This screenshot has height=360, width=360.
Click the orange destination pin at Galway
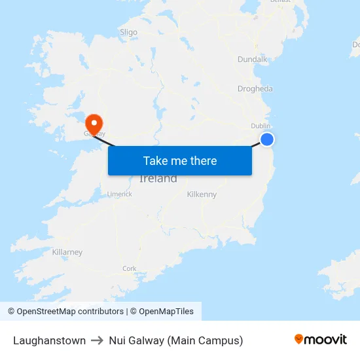(94, 122)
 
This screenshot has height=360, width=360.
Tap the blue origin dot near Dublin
(267, 139)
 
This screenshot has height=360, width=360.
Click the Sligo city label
(129, 31)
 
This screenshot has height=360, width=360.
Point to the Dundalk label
(252, 60)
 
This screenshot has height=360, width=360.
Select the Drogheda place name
(255, 89)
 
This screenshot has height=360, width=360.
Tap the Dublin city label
(261, 126)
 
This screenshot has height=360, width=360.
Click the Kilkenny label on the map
(202, 194)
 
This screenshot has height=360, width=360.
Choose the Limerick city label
(120, 194)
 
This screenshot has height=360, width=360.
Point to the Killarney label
(67, 252)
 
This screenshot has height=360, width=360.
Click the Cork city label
(130, 268)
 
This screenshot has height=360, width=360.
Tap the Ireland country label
(158, 179)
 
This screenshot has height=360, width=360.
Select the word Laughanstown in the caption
(49, 340)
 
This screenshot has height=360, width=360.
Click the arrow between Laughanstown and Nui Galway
(98, 340)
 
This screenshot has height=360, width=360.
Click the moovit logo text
(326, 340)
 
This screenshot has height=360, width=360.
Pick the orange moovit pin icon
(299, 339)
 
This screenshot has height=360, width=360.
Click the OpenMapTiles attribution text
(165, 312)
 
